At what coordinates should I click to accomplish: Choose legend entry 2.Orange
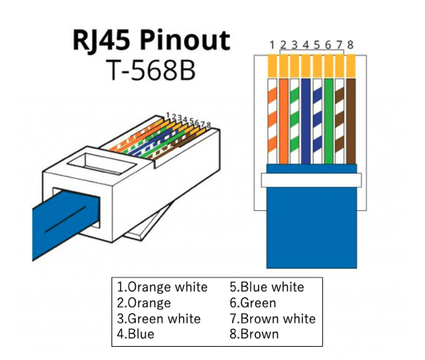point(144,302)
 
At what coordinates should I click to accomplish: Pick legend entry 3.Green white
point(159,318)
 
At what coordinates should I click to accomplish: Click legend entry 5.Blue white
point(266,286)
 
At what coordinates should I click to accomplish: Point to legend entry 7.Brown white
point(272,318)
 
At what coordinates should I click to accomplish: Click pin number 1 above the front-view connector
point(272,45)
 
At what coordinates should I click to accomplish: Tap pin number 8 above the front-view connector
point(350,45)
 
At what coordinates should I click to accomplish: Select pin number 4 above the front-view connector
point(306,45)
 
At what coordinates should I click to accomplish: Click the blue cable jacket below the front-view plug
point(312,229)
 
